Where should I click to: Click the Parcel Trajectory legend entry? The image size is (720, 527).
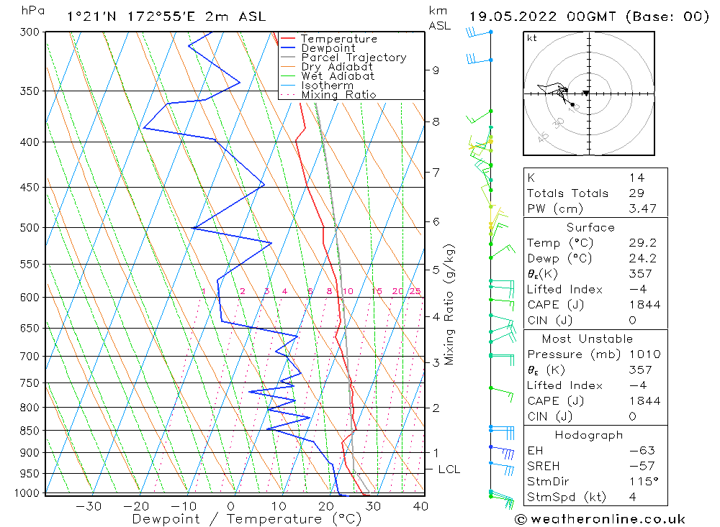353,58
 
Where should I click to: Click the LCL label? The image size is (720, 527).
449,469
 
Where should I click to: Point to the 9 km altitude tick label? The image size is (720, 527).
436,70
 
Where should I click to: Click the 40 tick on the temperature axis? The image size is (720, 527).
420,506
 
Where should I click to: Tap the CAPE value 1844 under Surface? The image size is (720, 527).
643,304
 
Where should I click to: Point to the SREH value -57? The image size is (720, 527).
639,466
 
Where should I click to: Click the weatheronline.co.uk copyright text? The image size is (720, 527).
600,519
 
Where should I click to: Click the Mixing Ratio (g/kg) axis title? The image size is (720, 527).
449,305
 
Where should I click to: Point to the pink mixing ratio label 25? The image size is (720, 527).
415,291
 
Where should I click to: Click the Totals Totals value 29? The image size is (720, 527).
636,193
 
